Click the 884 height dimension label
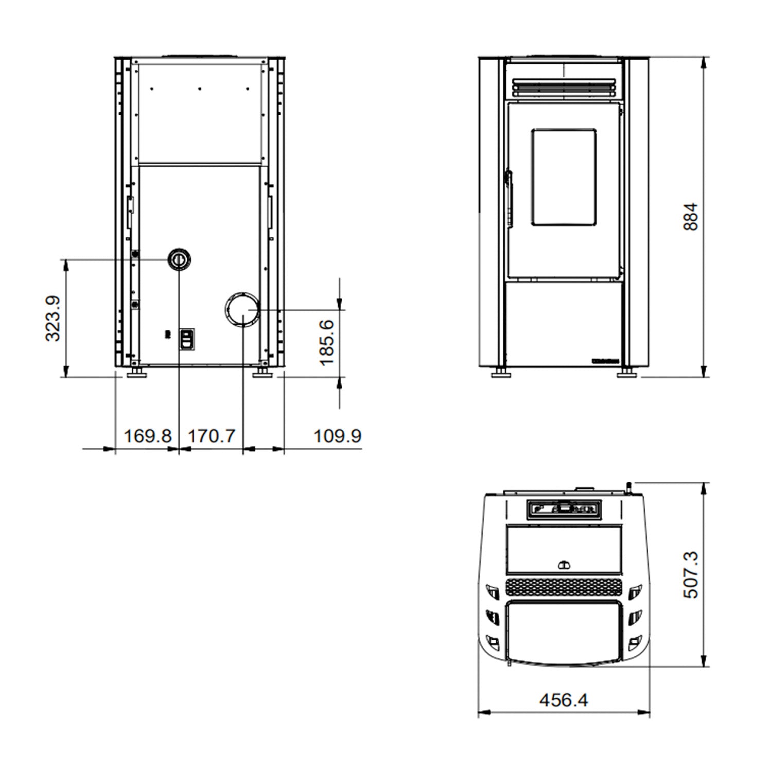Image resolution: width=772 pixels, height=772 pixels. click(692, 217)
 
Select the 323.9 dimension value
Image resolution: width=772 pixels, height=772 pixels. click(53, 318)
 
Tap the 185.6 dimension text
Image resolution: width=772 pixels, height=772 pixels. click(327, 343)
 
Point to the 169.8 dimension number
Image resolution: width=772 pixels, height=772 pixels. click(147, 436)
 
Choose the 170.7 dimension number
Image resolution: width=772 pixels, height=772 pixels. click(211, 436)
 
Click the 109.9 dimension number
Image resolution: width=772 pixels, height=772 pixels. click(337, 436)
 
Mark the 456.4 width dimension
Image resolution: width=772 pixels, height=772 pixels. click(564, 700)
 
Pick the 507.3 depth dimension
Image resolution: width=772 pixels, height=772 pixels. click(691, 575)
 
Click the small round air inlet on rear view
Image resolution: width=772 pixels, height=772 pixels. click(179, 258)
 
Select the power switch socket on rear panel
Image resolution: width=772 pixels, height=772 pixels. click(187, 339)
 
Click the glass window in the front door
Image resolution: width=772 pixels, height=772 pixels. click(564, 177)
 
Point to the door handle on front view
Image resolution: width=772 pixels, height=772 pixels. click(510, 198)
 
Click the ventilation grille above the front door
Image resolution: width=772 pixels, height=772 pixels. click(564, 87)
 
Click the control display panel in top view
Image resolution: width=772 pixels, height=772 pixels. click(564, 509)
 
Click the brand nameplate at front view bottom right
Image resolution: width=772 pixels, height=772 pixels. click(605, 361)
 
